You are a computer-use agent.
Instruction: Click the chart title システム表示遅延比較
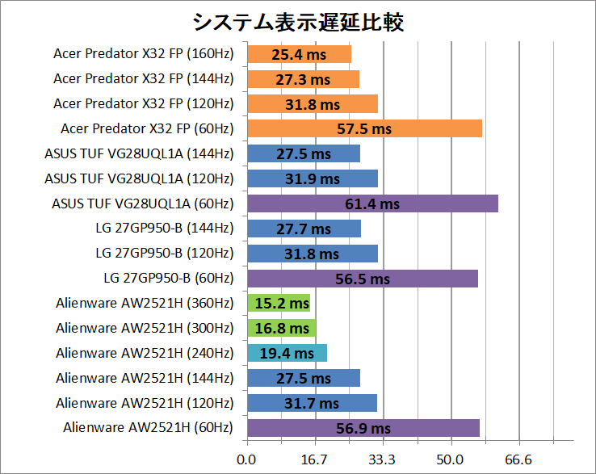pyautogui.click(x=298, y=21)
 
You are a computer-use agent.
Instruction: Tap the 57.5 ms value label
pyautogui.click(x=365, y=129)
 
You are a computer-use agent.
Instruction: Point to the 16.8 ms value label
pyautogui.click(x=283, y=329)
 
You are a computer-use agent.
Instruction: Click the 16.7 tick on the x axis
pyautogui.click(x=315, y=460)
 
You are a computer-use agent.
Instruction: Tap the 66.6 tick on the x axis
pyautogui.click(x=518, y=460)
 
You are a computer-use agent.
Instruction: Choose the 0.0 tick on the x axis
pyautogui.click(x=246, y=460)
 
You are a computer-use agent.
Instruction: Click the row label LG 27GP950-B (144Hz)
pyautogui.click(x=164, y=229)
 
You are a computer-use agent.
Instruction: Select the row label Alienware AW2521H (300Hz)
pyautogui.click(x=145, y=328)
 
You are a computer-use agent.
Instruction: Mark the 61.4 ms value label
pyautogui.click(x=373, y=204)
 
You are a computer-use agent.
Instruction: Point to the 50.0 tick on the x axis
pyautogui.click(x=451, y=460)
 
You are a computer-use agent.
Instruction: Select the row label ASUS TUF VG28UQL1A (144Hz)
pyautogui.click(x=139, y=153)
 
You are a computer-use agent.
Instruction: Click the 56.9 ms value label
pyautogui.click(x=363, y=429)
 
